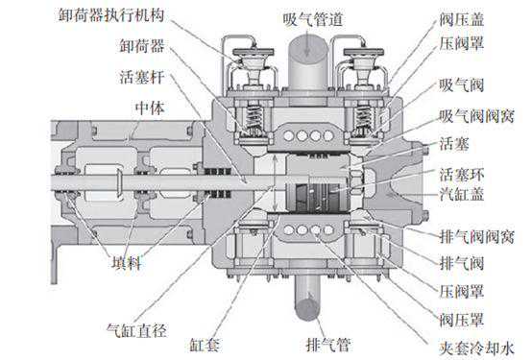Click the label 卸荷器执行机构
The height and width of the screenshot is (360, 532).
pos(111,15)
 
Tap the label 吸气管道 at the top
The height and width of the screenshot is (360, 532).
pos(312,19)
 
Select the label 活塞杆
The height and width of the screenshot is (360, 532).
pos(142,78)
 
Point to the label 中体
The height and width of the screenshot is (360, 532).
pos(150,108)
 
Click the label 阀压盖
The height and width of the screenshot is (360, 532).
pos(462,19)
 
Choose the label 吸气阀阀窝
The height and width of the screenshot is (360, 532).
pos(476,116)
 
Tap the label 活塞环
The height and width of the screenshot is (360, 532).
pos(462,175)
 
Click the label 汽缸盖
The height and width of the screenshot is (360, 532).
pos(462,195)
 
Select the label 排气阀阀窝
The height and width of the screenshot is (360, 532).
pos(476,236)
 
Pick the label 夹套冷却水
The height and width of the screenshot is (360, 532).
pos(476,348)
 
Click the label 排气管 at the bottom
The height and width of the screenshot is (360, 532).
pos(327,345)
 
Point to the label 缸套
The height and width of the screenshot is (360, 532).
pos(205,345)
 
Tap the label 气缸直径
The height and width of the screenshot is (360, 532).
pos(136,330)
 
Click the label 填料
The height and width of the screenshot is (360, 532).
pos(126,263)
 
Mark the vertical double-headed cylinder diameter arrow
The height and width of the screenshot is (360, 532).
pos(276,183)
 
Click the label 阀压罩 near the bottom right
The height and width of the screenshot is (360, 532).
pos(462,320)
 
